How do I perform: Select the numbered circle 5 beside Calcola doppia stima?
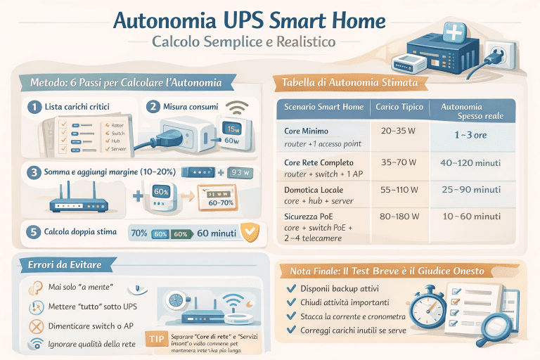[x=32, y=231]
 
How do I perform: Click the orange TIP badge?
[x=155, y=337]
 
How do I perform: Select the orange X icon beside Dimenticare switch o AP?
[x=32, y=326]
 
